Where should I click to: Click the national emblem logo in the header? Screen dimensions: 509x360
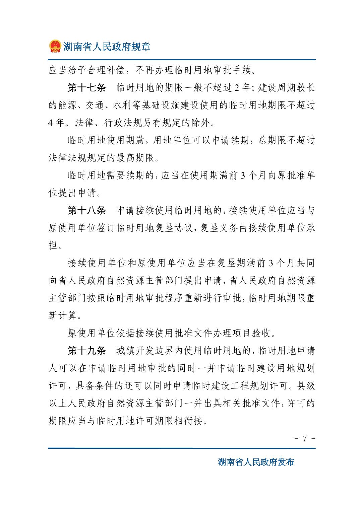(55, 46)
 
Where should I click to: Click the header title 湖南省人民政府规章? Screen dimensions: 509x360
(107, 46)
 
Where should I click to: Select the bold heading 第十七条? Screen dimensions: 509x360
(87, 88)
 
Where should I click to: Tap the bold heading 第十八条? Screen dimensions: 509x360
(87, 211)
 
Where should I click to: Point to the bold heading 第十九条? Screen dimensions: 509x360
(87, 351)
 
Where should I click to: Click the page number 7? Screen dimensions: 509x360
(305, 439)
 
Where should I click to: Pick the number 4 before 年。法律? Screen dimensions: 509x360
(51, 123)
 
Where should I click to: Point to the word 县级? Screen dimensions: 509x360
(306, 385)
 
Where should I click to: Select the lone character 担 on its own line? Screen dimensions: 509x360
(53, 245)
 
